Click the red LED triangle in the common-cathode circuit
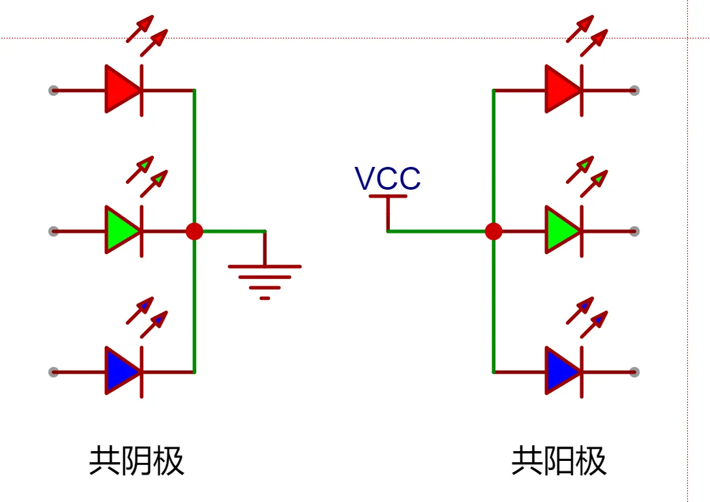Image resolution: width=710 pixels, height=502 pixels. point(121,90)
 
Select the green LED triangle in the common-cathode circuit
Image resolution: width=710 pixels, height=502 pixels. point(121,231)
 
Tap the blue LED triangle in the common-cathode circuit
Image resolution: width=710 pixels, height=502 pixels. point(121,372)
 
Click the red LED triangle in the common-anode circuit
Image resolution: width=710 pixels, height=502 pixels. point(561,90)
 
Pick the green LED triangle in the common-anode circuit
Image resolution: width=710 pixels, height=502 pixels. point(561,231)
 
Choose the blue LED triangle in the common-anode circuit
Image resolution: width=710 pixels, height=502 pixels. point(561,372)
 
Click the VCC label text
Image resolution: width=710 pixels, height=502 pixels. point(387,179)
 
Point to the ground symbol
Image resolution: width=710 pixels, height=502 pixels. point(265,277)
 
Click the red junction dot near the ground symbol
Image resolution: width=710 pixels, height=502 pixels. point(194,231)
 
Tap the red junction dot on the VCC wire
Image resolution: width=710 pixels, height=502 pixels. point(494,231)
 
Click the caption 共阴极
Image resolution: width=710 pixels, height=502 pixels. point(136,461)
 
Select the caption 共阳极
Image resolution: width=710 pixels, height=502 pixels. point(559,461)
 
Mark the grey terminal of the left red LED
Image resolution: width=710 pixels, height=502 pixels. point(53,90)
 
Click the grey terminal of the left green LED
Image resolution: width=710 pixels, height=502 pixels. point(53,231)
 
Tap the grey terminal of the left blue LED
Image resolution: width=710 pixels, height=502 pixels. point(53,372)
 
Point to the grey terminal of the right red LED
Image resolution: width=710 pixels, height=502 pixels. point(634,90)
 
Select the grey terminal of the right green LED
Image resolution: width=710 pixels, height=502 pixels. point(634,231)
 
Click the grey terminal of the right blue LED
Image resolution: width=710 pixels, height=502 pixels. point(634,372)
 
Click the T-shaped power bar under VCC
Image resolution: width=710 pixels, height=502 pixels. point(388,196)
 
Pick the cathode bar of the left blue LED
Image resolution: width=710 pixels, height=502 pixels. point(141,372)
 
